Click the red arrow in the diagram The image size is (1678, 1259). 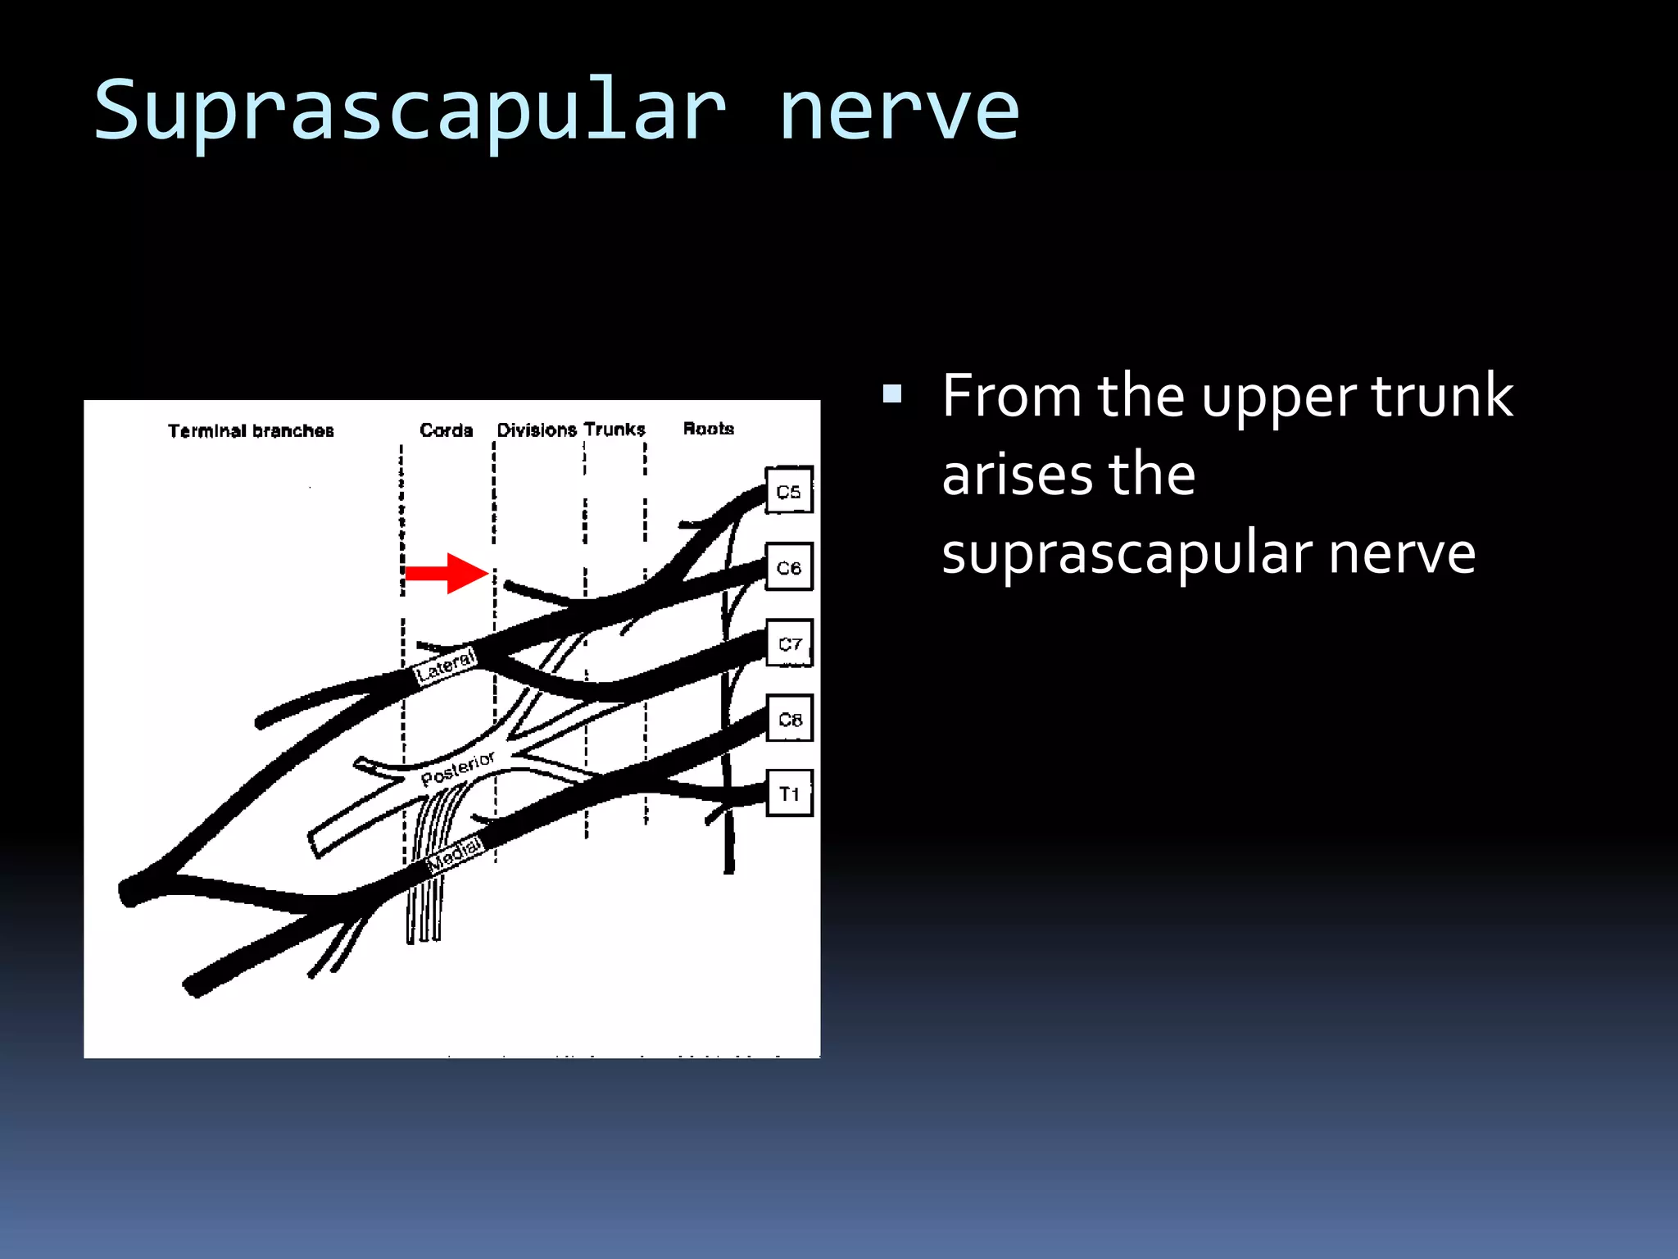tap(447, 573)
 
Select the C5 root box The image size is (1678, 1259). tap(788, 490)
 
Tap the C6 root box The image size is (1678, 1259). tap(789, 566)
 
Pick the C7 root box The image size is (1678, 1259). tap(790, 643)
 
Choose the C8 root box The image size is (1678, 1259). tap(790, 718)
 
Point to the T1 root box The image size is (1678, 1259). tap(790, 793)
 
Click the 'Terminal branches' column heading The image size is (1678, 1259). tap(251, 430)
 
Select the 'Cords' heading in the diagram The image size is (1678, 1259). tap(446, 430)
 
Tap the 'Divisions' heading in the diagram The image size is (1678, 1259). tap(537, 430)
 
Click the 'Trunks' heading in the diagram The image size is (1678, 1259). tap(615, 429)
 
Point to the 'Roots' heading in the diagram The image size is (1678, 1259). tap(709, 428)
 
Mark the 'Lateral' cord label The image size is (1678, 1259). tap(446, 666)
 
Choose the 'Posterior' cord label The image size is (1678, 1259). tap(457, 769)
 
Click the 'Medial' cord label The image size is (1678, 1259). tap(455, 854)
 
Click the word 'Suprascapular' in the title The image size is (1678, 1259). tap(410, 111)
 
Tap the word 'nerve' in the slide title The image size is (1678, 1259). tap(898, 111)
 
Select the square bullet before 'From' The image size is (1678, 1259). tap(892, 394)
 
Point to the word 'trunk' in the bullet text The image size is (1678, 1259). tap(1442, 396)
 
